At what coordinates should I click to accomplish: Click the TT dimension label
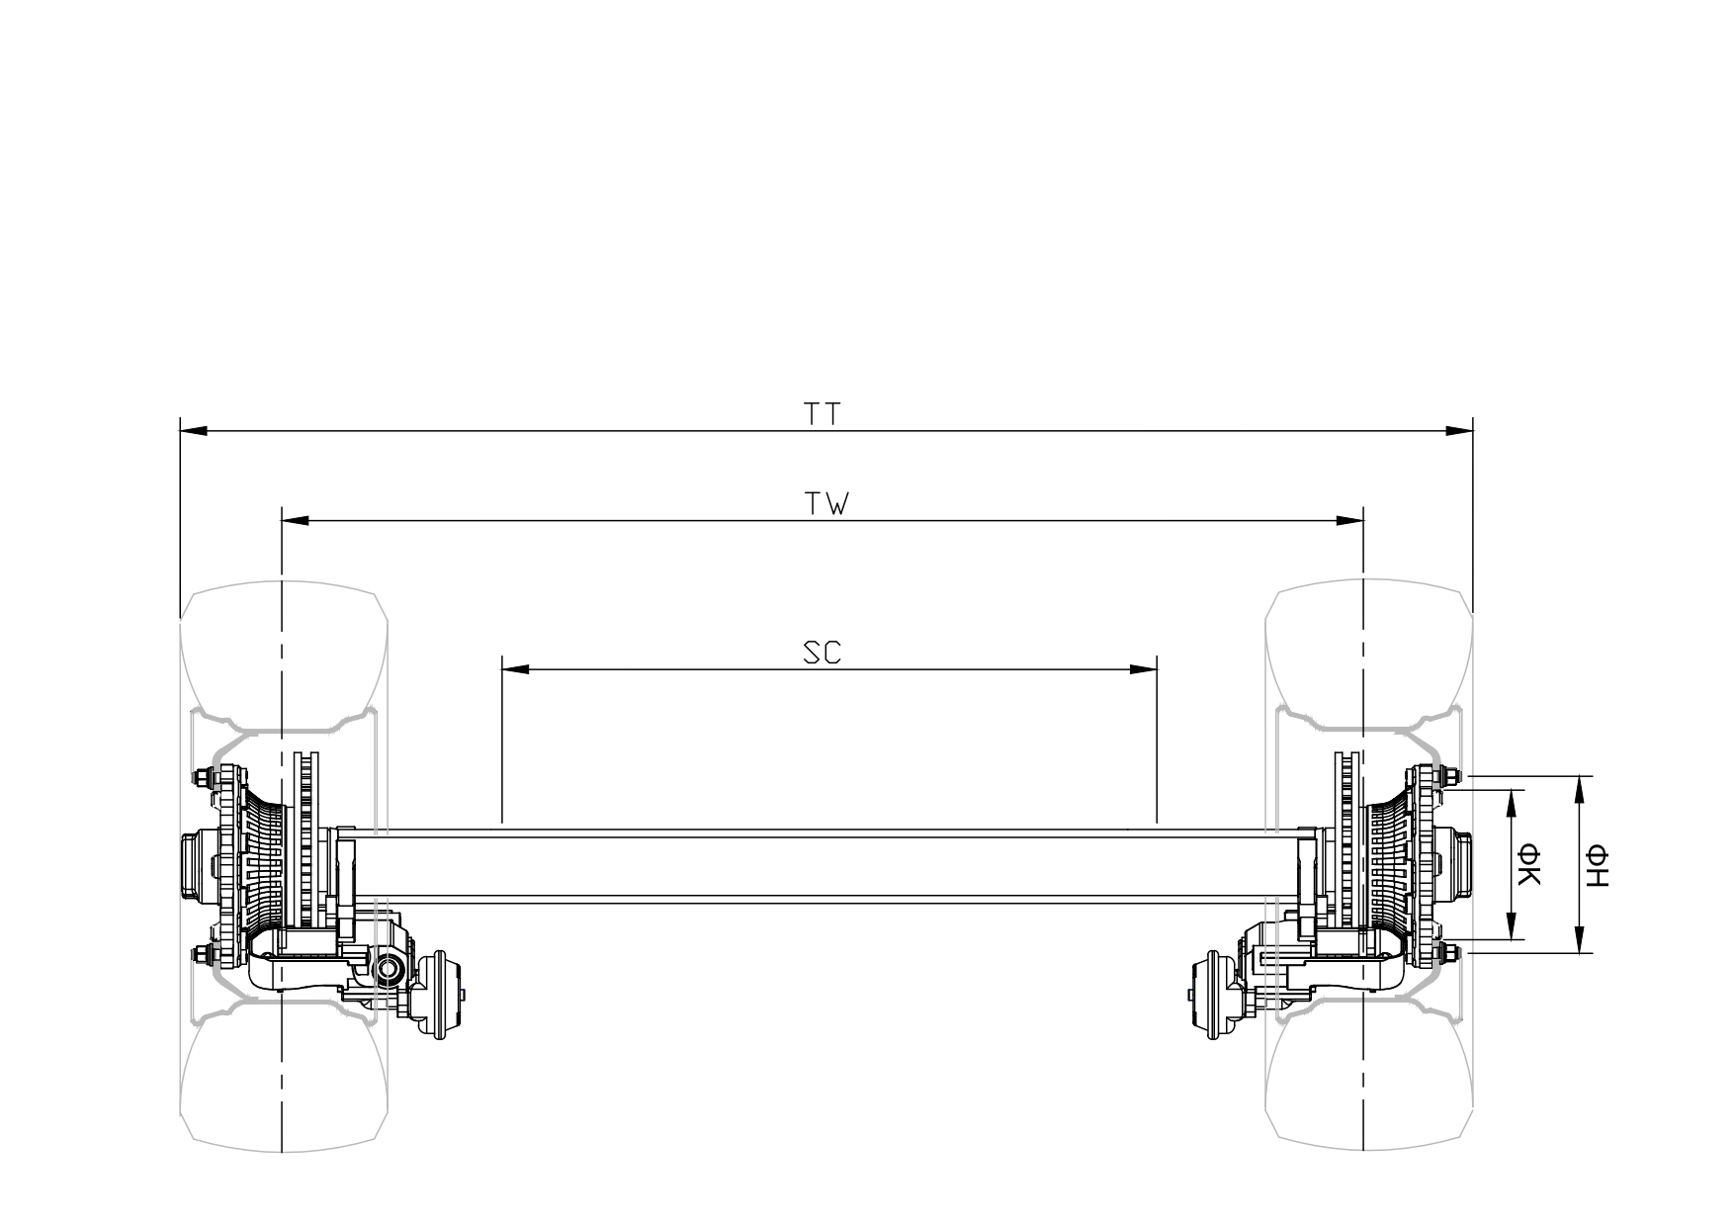[x=822, y=414]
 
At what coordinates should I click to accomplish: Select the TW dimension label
[x=826, y=504]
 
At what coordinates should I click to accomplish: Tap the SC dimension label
[x=822, y=654]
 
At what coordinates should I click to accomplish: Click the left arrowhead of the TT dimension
[x=193, y=431]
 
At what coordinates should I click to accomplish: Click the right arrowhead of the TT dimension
[x=1459, y=431]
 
